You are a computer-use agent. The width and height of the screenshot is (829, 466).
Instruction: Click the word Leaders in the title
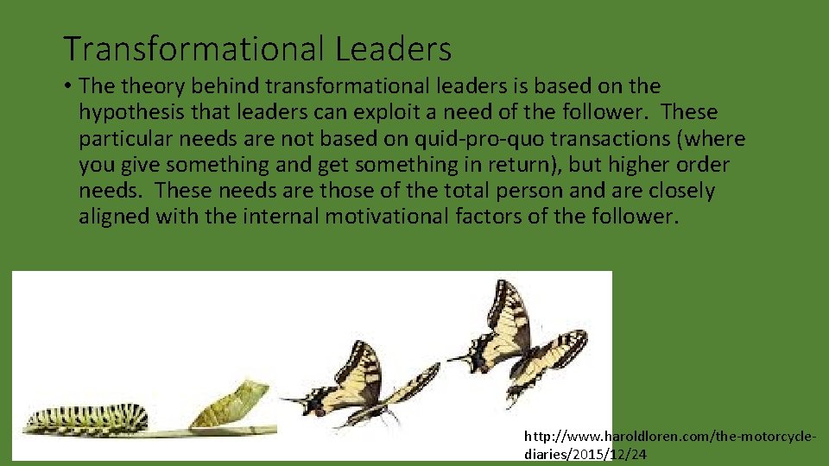pos(393,49)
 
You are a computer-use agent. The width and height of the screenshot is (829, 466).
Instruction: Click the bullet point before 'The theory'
pos(67,86)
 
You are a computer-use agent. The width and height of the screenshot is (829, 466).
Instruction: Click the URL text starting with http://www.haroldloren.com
pos(669,438)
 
